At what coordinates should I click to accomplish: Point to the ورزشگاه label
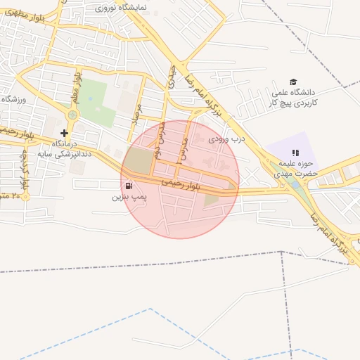pyautogui.click(x=13, y=100)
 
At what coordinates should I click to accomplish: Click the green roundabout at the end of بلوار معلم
pyautogui.click(x=72, y=115)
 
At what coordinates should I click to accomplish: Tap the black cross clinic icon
pyautogui.click(x=65, y=133)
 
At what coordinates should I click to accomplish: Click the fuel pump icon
pyautogui.click(x=128, y=186)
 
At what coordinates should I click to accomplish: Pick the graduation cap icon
pyautogui.click(x=292, y=82)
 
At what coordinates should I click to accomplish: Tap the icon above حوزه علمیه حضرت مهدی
pyautogui.click(x=296, y=152)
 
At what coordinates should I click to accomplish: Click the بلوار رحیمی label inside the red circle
pyautogui.click(x=181, y=184)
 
